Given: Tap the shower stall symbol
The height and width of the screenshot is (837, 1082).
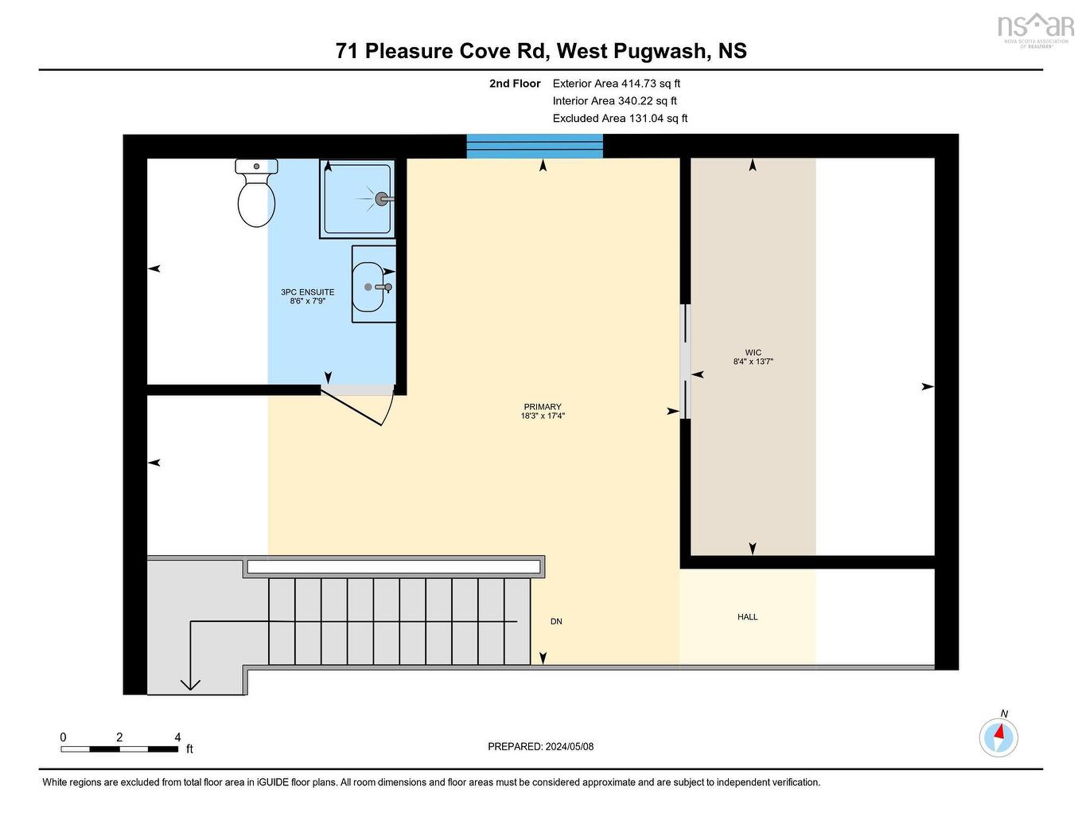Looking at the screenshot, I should point(357,198).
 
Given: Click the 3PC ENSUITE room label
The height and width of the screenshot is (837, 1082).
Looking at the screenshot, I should point(307,292).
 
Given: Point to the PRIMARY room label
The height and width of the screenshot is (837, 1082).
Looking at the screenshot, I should point(543,407).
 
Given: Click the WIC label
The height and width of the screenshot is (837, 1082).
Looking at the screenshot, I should point(753,352).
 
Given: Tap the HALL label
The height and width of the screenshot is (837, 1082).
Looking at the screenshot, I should point(747,616).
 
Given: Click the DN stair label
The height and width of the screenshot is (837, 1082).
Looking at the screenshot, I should point(556,621).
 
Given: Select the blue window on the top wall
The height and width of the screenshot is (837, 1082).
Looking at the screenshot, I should point(535,146).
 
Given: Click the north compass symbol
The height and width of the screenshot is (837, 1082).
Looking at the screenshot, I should point(998,736).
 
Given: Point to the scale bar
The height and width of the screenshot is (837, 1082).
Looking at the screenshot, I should point(119,749).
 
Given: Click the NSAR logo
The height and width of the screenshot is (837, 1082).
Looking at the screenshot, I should point(1035,28).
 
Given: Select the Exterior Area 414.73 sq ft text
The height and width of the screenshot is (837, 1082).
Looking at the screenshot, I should point(616,83).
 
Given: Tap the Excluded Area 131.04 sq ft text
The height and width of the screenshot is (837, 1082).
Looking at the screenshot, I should point(620,118).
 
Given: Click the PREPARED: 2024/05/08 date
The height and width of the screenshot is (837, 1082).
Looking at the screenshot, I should point(540,746).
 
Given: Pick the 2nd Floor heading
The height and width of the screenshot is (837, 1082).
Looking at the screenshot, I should point(515,83).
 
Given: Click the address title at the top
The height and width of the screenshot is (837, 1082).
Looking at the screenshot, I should point(541,51).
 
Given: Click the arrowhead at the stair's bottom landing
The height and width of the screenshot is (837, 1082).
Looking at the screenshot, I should point(190,683).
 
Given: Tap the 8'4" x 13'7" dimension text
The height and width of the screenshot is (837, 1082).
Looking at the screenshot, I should point(753,362).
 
